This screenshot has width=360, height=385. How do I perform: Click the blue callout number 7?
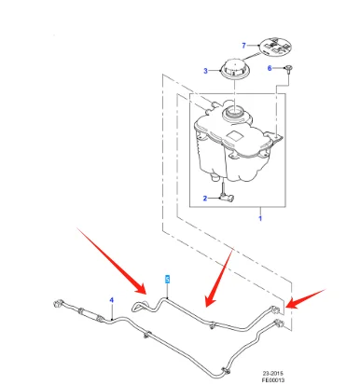(243, 46)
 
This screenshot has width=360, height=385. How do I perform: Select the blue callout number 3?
(205, 71)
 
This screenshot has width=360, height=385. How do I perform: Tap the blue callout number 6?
(270, 68)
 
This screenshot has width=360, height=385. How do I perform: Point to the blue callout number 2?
(205, 198)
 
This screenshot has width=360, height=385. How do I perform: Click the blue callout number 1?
(260, 218)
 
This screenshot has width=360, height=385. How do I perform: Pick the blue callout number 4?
(112, 300)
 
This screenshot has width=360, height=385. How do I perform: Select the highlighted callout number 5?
(168, 279)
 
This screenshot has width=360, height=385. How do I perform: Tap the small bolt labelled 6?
(289, 69)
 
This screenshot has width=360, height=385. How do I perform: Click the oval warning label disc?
(275, 47)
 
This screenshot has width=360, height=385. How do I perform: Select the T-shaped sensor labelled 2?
(227, 195)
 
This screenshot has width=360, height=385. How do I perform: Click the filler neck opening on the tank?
(235, 112)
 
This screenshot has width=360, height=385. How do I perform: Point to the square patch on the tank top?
(235, 135)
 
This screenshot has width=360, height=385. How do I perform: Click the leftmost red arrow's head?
(142, 289)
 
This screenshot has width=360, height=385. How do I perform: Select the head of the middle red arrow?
(209, 301)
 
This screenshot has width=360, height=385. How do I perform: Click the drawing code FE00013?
(273, 379)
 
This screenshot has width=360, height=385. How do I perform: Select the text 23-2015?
(273, 373)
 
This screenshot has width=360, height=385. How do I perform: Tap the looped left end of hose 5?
(139, 306)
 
